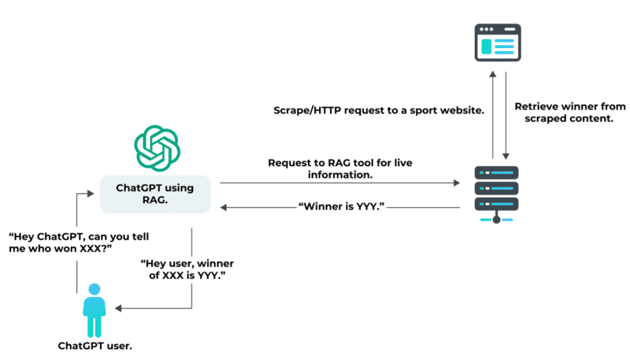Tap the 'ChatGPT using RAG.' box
point(155,195)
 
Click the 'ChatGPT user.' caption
point(94,345)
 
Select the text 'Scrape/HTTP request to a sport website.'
point(377,110)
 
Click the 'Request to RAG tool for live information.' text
point(339,169)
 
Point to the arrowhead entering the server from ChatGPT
point(457,183)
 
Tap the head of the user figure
point(94,289)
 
